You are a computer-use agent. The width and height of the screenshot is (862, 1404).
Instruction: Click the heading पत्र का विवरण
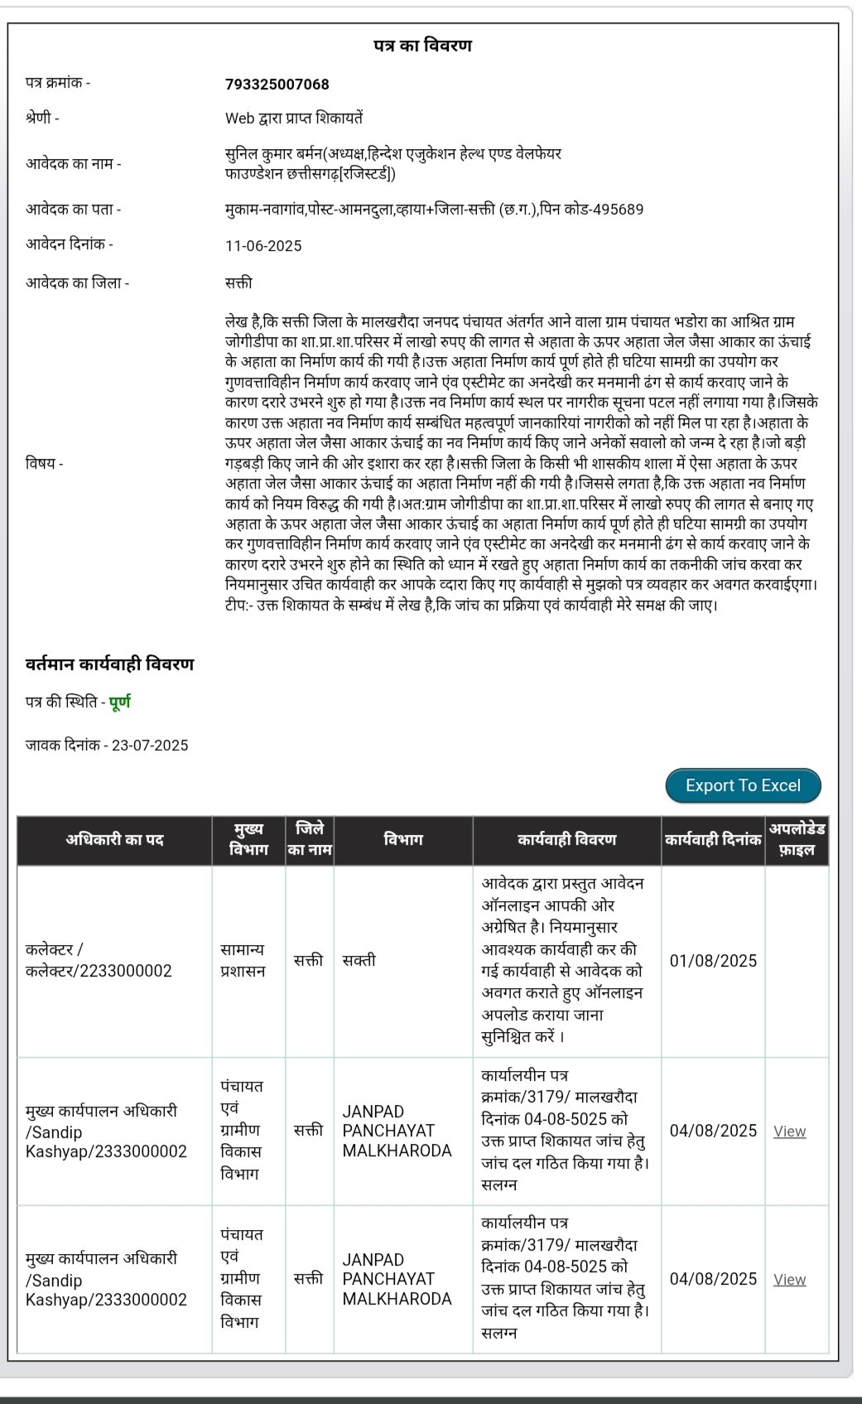click(x=422, y=46)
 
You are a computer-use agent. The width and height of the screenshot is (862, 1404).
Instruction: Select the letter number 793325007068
click(x=277, y=84)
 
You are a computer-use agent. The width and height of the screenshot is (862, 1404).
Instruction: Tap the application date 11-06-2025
click(x=263, y=246)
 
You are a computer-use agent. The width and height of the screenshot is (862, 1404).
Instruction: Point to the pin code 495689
click(x=617, y=210)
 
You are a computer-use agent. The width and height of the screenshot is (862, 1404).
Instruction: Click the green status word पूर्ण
click(x=120, y=702)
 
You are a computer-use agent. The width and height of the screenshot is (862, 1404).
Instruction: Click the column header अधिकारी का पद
click(x=114, y=840)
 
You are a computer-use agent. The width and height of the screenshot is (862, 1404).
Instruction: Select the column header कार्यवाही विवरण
click(x=566, y=840)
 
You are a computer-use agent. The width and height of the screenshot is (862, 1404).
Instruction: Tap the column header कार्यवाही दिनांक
click(x=712, y=840)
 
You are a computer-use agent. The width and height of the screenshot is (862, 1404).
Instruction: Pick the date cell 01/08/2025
click(x=713, y=961)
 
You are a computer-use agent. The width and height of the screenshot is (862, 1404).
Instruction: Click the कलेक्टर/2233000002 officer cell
click(x=99, y=961)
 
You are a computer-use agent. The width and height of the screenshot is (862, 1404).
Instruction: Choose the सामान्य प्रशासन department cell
click(x=243, y=961)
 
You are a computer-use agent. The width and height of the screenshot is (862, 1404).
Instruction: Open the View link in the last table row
click(x=789, y=1280)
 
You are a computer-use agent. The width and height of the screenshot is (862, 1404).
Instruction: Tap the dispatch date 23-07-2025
click(x=150, y=745)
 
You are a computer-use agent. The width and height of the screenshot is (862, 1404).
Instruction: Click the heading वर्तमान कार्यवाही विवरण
click(x=109, y=664)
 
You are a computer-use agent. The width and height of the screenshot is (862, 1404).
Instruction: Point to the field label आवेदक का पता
click(x=73, y=210)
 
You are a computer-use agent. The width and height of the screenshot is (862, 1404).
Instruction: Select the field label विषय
click(x=44, y=464)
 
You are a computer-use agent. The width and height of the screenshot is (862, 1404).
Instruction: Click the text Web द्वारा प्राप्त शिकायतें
click(x=293, y=118)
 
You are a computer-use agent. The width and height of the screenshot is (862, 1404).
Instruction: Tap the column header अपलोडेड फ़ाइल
click(x=797, y=840)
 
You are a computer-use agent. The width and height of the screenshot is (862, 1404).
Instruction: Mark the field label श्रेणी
click(x=42, y=118)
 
